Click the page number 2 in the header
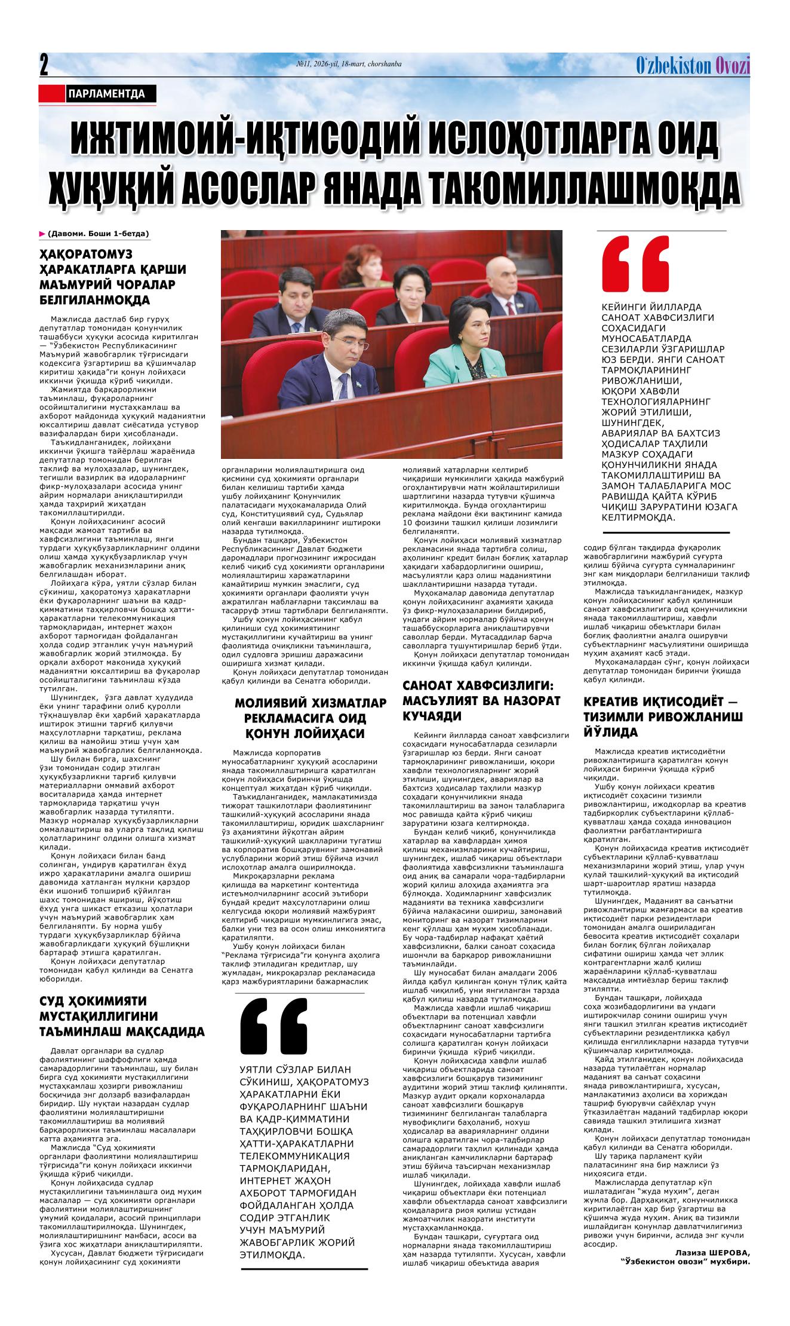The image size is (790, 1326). click(44, 65)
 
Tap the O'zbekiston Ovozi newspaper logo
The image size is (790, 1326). click(692, 65)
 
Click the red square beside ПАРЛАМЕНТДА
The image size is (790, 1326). click(51, 93)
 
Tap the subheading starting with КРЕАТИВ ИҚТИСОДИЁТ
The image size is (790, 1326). click(663, 717)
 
